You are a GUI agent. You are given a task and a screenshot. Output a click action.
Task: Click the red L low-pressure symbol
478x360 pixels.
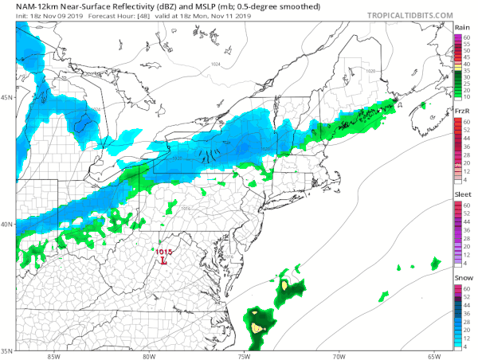click(x=163, y=260)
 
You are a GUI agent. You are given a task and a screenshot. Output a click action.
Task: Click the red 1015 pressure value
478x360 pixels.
click(x=163, y=251)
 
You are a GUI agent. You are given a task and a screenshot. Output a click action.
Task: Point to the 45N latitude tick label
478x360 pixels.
click(x=6, y=98)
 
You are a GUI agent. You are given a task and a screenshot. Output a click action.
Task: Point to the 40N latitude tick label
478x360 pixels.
click(x=6, y=224)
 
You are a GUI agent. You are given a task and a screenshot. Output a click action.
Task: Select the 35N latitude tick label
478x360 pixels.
click(x=6, y=350)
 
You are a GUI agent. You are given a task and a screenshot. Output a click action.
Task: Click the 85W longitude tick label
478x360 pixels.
click(x=53, y=355)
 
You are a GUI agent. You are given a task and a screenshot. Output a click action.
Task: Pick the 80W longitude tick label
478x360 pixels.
click(x=148, y=355)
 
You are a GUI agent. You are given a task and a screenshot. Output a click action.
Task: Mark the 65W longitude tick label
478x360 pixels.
click(x=433, y=355)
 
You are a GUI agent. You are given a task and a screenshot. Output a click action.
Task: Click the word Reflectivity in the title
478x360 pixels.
click(x=115, y=6)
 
